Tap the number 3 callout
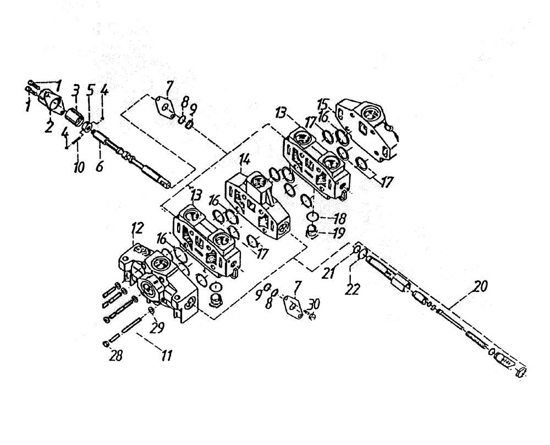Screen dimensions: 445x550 pos(75,89)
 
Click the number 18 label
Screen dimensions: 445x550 pos(332,218)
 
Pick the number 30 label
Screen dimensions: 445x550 pos(313,304)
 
